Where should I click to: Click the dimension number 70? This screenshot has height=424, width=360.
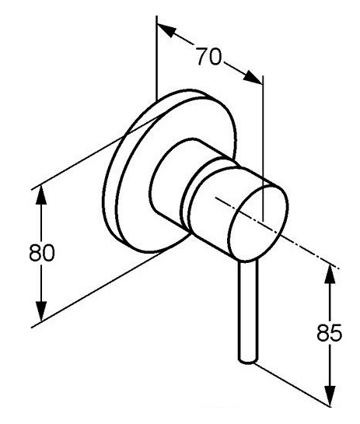tap(208, 57)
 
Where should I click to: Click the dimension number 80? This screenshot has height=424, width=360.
tap(42, 252)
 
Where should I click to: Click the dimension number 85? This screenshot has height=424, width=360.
tap(330, 332)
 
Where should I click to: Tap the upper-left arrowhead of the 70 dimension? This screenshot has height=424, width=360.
tap(166, 30)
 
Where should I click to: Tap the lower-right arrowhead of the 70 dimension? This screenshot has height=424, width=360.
tap(253, 78)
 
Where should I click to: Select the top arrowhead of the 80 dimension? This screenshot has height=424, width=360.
tap(41, 194)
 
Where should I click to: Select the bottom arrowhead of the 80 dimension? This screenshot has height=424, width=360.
tap(41, 312)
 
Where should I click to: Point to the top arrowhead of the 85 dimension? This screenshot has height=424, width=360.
tap(330, 273)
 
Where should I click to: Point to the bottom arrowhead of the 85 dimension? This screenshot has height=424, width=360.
tap(330, 396)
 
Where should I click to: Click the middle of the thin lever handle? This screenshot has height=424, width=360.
tap(247, 310)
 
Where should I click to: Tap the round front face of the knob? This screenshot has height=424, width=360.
tap(258, 222)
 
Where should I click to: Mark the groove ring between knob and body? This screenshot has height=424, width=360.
tap(189, 198)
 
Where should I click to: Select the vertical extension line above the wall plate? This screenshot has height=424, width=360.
tap(156, 58)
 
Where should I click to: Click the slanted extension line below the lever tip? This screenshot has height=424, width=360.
tap(292, 384)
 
